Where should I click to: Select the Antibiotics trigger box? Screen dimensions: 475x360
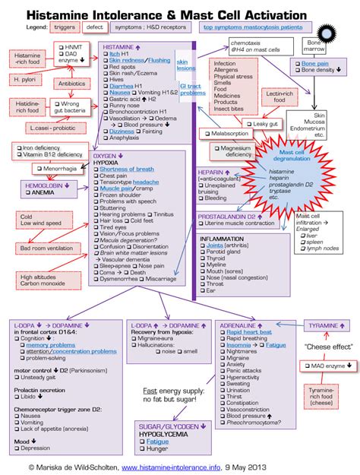(71, 84)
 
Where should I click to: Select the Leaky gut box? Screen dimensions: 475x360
(267, 123)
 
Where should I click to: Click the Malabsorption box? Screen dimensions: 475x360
(228, 133)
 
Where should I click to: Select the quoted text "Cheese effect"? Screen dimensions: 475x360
(328, 347)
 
